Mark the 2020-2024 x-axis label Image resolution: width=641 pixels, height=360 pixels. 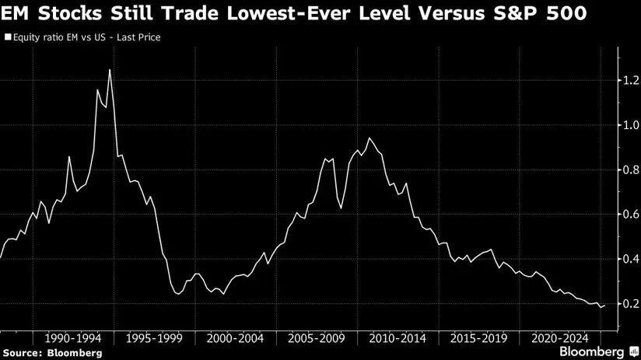point(559,339)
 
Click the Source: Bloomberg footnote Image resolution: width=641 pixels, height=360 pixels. point(51,353)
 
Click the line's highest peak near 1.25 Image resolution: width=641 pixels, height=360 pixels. point(109,70)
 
